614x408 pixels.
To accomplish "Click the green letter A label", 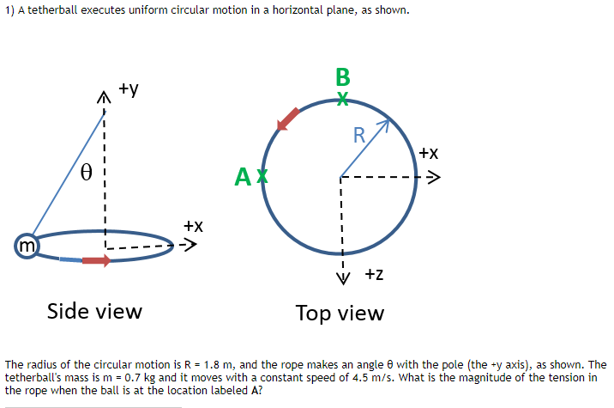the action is (244, 178).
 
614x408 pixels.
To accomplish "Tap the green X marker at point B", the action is (342, 99).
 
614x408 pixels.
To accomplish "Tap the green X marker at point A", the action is (263, 177).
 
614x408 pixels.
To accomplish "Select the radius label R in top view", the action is (359, 135).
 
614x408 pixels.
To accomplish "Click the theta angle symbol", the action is (85, 171).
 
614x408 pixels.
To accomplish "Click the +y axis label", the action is (129, 88).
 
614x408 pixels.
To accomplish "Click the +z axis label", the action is (374, 275).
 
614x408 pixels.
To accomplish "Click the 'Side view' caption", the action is (94, 311).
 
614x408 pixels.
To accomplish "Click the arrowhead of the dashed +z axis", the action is (341, 276).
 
